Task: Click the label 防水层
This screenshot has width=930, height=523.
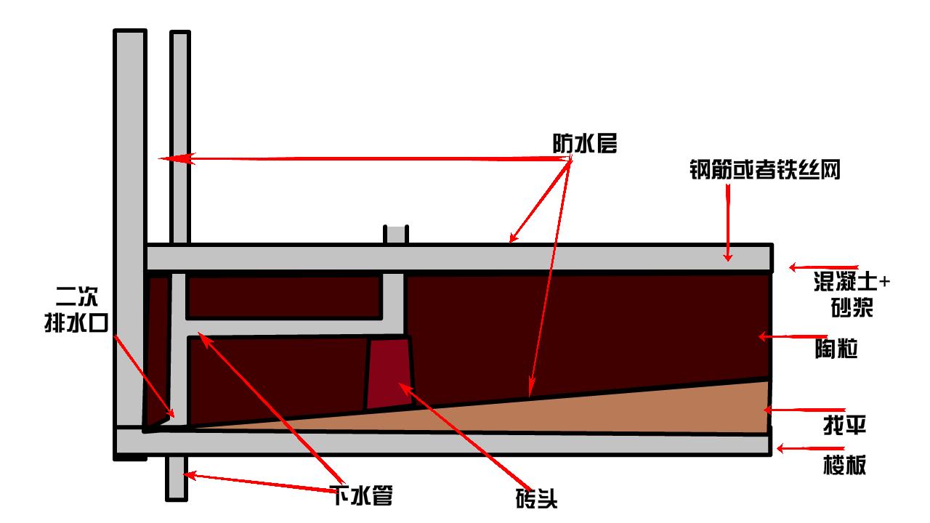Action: pos(584,145)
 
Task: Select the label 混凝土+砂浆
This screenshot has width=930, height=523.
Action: pos(851,294)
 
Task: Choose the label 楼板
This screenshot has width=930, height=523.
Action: pos(844,466)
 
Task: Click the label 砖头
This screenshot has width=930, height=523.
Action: pos(537,499)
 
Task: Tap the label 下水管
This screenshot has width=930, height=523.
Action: pos(363,496)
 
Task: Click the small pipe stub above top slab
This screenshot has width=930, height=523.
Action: pos(396,234)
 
